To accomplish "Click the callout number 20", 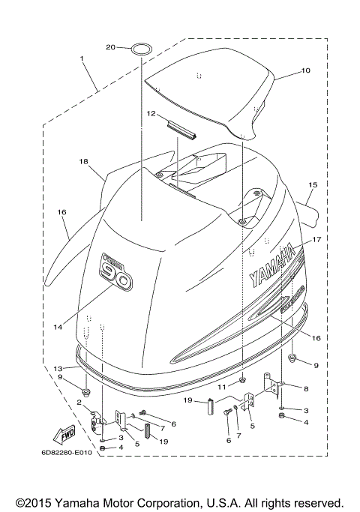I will [x=110, y=48].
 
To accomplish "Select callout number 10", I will [x=305, y=71].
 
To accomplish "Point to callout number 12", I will [x=151, y=114].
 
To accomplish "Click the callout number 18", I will [x=83, y=161].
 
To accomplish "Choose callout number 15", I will [x=313, y=184].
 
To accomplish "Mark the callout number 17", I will [x=317, y=241].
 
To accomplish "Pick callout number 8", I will [x=305, y=388].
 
